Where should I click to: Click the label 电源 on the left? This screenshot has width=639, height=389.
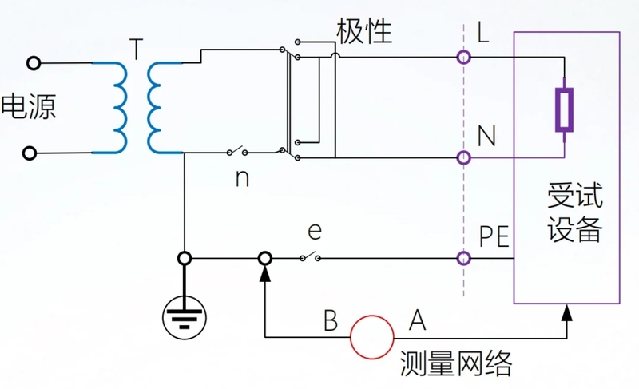click(29, 107)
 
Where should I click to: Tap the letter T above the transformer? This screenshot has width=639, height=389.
click(137, 50)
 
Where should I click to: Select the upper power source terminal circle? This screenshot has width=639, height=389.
click(33, 62)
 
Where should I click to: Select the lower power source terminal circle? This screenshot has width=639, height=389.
click(33, 152)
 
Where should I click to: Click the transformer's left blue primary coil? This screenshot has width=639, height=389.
click(118, 107)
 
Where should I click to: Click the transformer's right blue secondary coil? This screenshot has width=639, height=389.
click(154, 107)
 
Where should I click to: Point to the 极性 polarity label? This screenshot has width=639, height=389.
click(364, 31)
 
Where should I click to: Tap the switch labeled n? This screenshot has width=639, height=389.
click(236, 152)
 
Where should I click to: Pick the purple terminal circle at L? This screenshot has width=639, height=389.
click(462, 58)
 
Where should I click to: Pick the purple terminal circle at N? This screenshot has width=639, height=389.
click(462, 157)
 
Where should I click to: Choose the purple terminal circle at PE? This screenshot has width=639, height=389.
click(462, 258)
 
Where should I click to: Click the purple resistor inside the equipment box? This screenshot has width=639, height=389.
click(564, 109)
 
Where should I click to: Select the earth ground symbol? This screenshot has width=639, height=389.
click(185, 317)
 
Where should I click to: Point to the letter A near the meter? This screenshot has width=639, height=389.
click(416, 321)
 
